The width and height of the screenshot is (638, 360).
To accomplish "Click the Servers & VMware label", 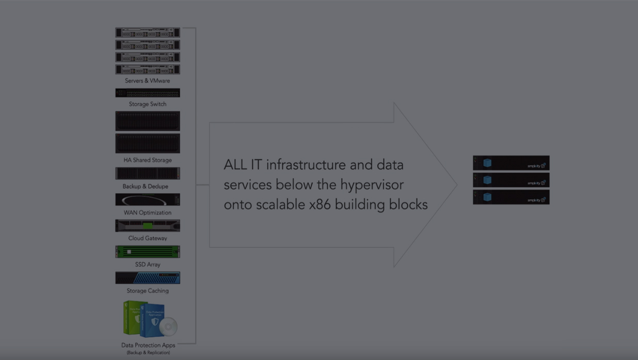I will click(x=147, y=81).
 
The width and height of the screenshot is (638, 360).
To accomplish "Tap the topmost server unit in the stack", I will click(x=148, y=33).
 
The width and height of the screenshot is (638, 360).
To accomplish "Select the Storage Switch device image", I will click(x=148, y=93).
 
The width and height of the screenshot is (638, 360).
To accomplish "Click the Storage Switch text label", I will click(x=148, y=104).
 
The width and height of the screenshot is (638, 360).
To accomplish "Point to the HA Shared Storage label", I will click(x=148, y=160).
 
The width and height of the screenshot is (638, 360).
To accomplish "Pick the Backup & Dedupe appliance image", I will click(x=148, y=174).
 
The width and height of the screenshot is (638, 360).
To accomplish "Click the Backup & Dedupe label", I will click(x=145, y=186).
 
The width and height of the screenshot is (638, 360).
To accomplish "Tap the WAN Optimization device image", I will click(x=148, y=199).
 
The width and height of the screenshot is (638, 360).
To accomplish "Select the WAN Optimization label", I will click(x=148, y=213).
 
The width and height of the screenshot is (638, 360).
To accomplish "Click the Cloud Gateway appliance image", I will click(x=148, y=226).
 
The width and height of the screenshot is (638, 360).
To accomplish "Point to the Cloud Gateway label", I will click(x=148, y=239).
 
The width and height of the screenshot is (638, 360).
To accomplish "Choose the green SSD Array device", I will click(x=148, y=252).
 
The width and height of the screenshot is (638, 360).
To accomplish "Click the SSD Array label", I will click(x=148, y=265).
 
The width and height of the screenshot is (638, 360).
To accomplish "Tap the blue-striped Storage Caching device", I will click(x=148, y=278).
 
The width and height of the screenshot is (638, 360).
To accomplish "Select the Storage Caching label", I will click(x=148, y=291).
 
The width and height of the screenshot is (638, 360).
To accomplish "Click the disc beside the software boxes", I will click(x=168, y=326).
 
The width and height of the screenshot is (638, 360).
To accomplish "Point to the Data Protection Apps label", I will click(x=148, y=346).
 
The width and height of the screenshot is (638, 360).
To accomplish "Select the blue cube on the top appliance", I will click(x=487, y=163).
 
